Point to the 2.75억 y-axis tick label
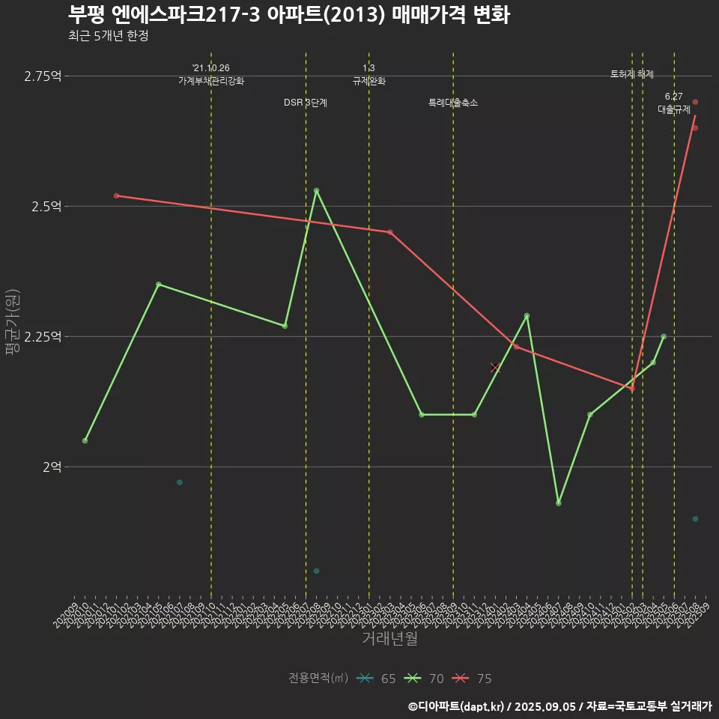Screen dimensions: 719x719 [43, 76]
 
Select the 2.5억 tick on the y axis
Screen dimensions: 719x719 [46, 206]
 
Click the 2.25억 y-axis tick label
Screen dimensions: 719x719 [43, 336]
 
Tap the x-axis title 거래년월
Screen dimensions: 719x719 [389, 638]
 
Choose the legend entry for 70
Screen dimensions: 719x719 [424, 679]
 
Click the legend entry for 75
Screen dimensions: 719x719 [472, 679]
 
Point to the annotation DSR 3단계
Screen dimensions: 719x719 [305, 103]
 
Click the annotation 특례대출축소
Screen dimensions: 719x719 [452, 103]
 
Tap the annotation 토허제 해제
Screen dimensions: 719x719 [631, 75]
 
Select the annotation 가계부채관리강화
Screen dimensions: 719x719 [210, 81]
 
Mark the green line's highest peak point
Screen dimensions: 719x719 [316, 190]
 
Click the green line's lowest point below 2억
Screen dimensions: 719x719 [558, 503]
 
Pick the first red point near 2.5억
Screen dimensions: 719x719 [116, 195]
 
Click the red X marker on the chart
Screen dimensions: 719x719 [495, 367]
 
